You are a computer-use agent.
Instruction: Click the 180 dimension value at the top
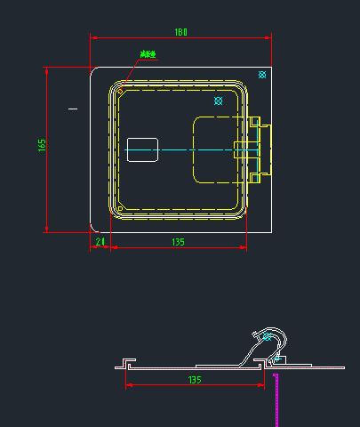coord(180,32)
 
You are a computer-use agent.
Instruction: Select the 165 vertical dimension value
coord(42,145)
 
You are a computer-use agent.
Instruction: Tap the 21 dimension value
coord(100,241)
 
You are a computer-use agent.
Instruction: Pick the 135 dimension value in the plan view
coord(178,241)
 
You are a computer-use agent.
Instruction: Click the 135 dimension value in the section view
coord(195,379)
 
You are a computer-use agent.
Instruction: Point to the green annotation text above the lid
coord(148,54)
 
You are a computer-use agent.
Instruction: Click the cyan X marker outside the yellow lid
coord(261,75)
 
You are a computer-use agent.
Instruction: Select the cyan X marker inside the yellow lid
coord(219,101)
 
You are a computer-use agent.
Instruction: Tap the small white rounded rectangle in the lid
coord(142,149)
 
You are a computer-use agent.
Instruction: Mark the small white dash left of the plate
coord(73,109)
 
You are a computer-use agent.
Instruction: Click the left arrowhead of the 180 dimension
coord(93,38)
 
